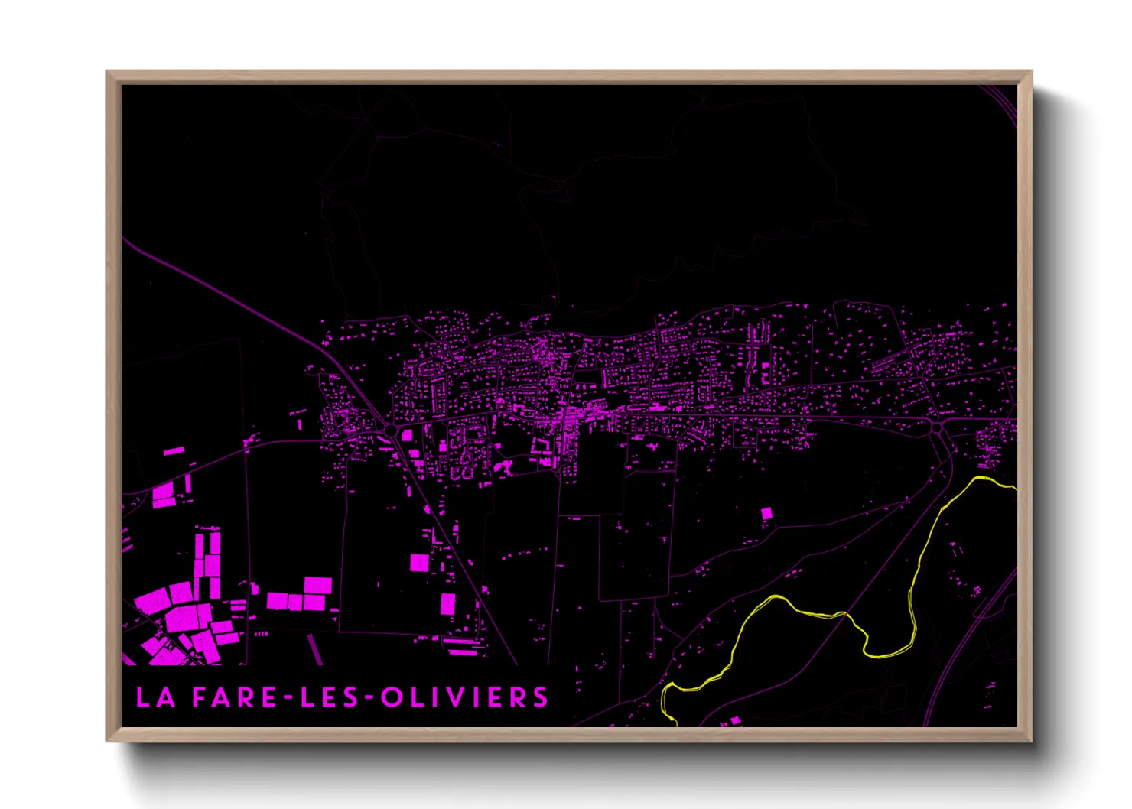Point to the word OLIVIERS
click(464, 697)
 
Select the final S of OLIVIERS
click(541, 697)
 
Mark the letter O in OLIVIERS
click(392, 697)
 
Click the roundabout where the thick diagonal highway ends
click(391, 430)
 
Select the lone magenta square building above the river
click(766, 514)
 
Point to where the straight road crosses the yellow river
click(845, 613)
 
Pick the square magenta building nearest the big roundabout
click(407, 435)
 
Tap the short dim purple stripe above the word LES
click(315, 648)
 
